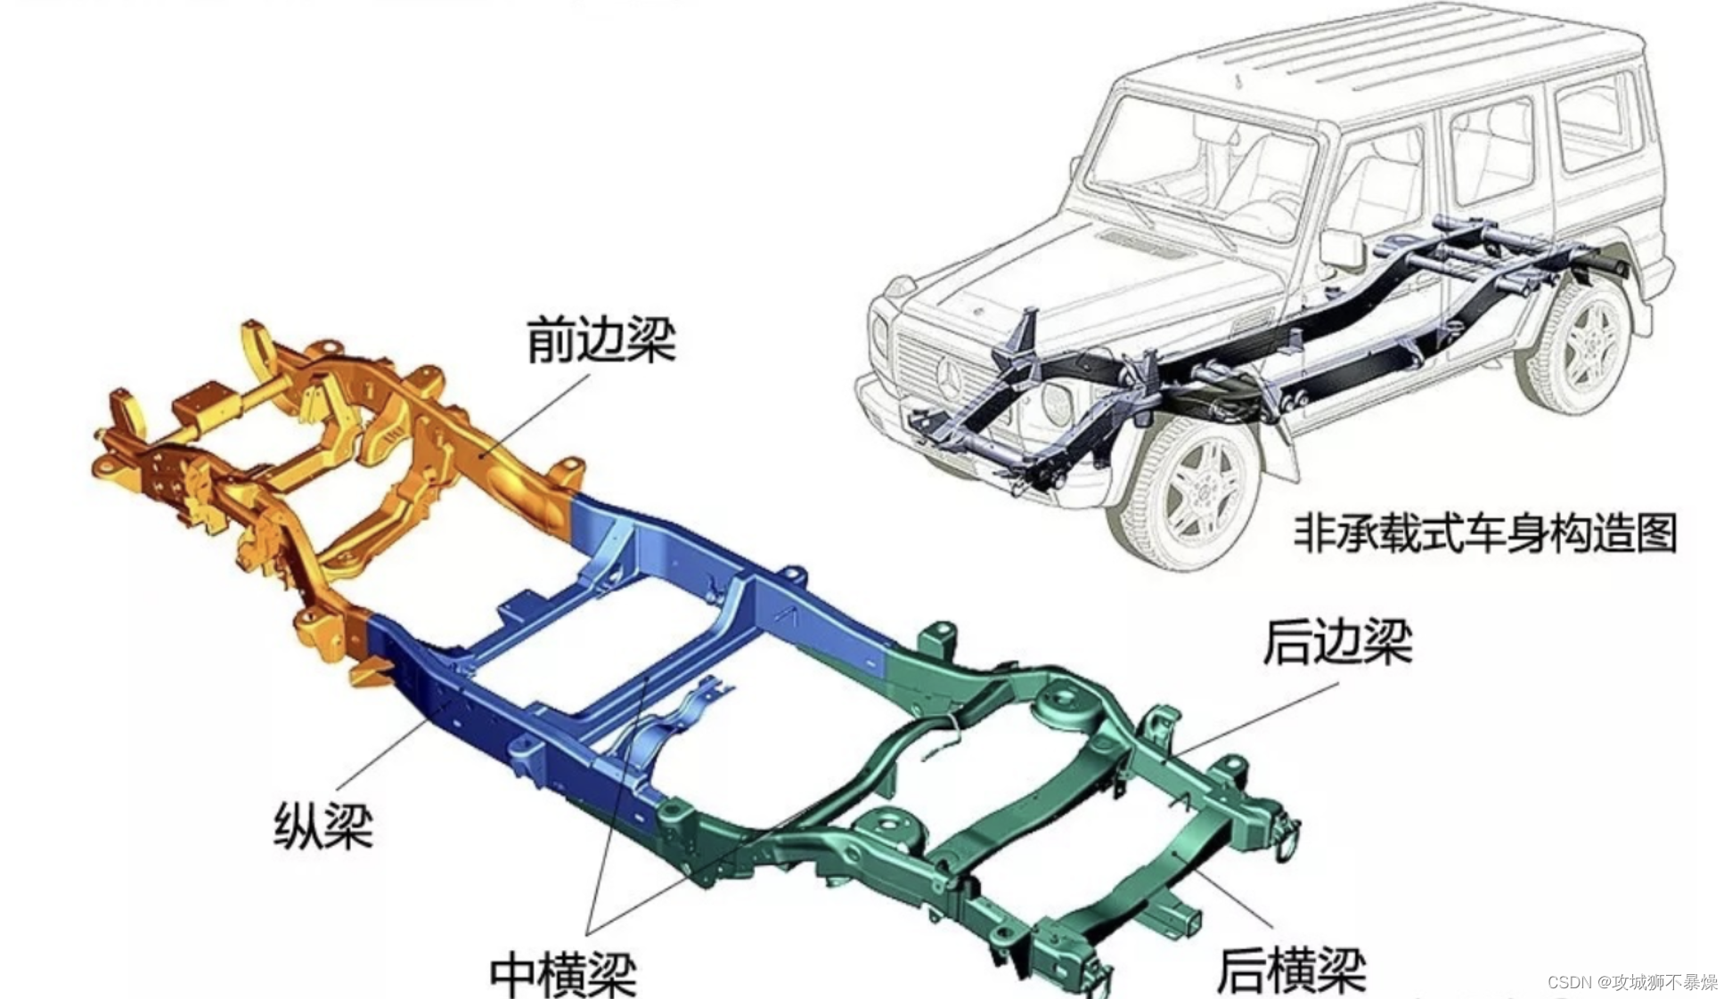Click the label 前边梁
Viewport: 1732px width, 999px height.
(x=601, y=339)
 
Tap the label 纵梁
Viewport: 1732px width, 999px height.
(x=323, y=825)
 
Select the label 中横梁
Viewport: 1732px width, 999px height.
(x=563, y=974)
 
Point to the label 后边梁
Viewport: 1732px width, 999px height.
(x=1337, y=641)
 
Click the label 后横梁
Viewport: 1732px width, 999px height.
(x=1291, y=970)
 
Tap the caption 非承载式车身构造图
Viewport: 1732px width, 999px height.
(x=1484, y=533)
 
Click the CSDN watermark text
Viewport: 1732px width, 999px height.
(x=1632, y=982)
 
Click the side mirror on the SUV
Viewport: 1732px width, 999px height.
(x=1340, y=248)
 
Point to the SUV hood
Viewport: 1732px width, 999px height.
(x=1060, y=267)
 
